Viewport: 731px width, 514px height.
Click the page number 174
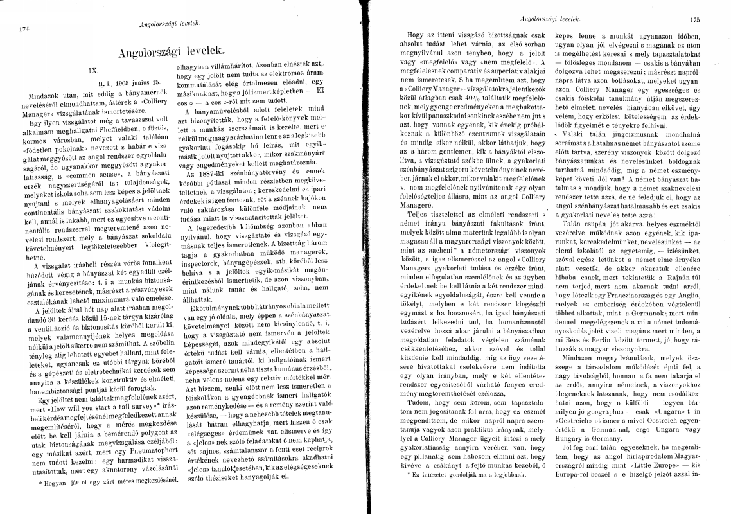click(x=25, y=29)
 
